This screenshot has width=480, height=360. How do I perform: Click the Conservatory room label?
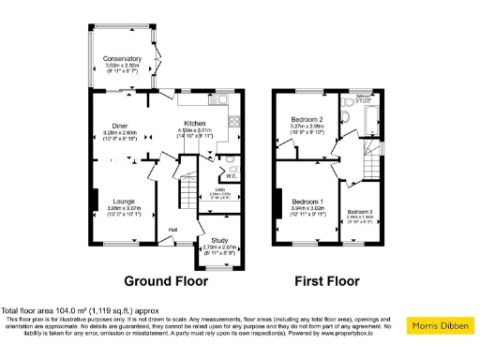coord(122,58)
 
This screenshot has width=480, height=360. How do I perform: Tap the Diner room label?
coord(119,125)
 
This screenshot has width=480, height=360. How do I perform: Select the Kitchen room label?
coord(195,124)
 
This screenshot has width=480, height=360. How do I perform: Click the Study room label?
coord(219,241)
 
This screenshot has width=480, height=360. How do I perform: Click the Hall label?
coord(173,229)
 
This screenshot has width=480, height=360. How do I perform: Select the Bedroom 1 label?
coord(307,202)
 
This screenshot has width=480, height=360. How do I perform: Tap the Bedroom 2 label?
coord(307,120)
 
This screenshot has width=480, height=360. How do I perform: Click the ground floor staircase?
coord(187,191)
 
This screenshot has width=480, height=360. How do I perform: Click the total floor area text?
coord(80,310)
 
